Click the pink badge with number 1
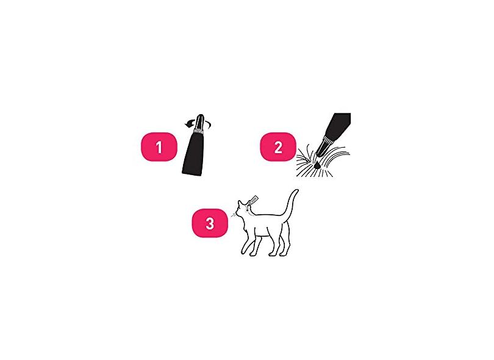click(x=159, y=147)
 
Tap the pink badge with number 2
click(x=278, y=147)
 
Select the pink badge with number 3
click(x=210, y=223)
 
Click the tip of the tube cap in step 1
click(x=201, y=115)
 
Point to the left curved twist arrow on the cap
click(x=189, y=124)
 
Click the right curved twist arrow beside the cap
click(x=208, y=124)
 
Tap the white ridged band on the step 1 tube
click(x=199, y=130)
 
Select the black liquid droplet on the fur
click(x=317, y=165)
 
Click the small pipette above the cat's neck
click(x=253, y=200)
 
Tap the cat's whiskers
click(x=234, y=215)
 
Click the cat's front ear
click(x=240, y=203)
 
